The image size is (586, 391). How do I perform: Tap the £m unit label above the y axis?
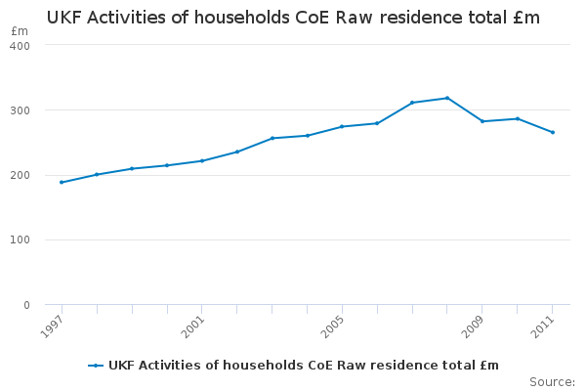coord(20,31)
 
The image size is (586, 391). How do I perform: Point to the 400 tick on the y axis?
coord(20,46)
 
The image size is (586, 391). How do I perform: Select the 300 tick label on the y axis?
coord(20,110)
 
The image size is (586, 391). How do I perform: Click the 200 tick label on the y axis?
coord(20,175)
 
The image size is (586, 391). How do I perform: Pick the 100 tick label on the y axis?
coord(20,240)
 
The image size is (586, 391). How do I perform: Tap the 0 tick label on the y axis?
coord(26,305)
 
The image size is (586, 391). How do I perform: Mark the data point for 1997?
coord(62,183)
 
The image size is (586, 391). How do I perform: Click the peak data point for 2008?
coord(447,98)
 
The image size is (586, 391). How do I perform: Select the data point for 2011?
coord(553,132)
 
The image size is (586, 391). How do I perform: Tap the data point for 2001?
coord(202,160)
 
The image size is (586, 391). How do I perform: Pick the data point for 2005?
coord(342,126)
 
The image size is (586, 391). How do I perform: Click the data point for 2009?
coord(482,121)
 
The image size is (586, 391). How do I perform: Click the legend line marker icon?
coord(96,366)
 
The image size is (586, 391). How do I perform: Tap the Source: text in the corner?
coord(552,381)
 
